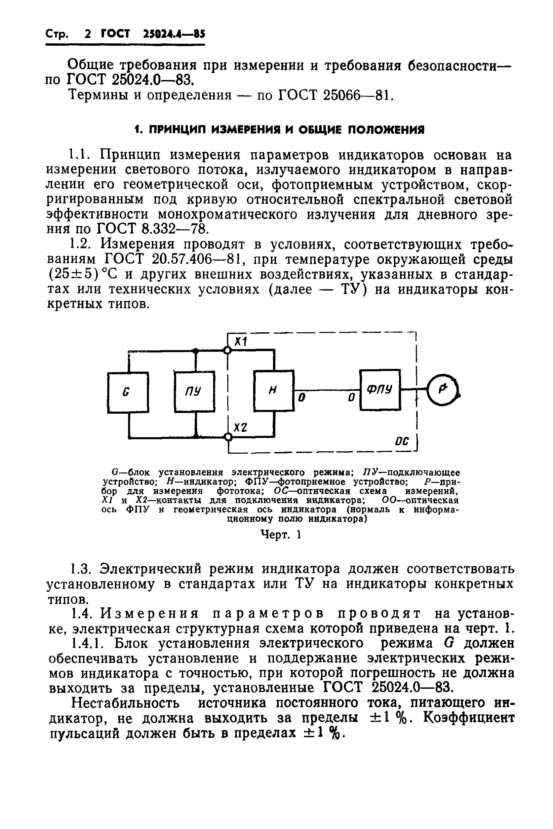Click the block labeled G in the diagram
tap(128, 392)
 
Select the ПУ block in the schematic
tap(194, 391)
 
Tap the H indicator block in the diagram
tap(274, 390)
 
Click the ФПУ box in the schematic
tap(380, 390)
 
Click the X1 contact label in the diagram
tap(241, 341)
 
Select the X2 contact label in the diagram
tap(240, 428)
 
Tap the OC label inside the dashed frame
tap(402, 441)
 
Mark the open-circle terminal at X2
tap(229, 438)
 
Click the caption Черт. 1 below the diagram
tap(281, 535)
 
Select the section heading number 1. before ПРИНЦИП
tap(138, 130)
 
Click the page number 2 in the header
tap(88, 34)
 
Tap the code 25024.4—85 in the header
tap(174, 34)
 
